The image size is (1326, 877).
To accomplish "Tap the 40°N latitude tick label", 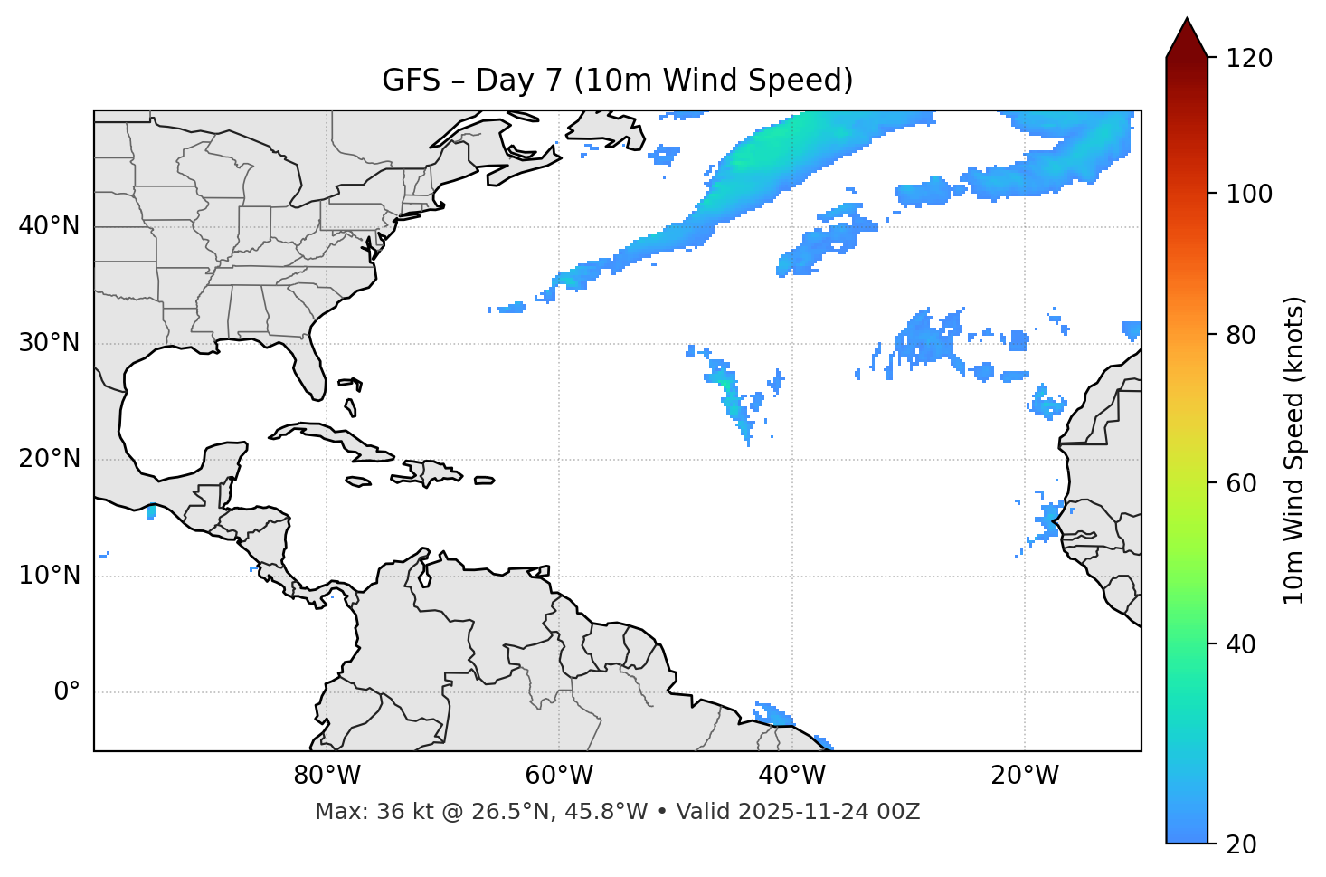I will point(49,226).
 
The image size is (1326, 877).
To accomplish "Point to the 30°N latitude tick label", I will point(49,343).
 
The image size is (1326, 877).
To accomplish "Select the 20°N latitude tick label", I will point(49,459).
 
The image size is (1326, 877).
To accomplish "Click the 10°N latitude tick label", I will point(49,576).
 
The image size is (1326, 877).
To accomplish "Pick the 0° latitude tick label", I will point(66,692).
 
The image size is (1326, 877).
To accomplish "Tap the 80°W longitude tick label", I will point(327,776).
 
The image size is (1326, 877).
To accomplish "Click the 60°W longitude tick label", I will point(559,776).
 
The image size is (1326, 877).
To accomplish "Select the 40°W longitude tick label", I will point(791,776).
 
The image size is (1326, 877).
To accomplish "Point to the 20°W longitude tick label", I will point(1024,776).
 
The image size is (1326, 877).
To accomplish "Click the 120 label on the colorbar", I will point(1249,59).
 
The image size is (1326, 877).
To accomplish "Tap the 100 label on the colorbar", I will point(1249,194).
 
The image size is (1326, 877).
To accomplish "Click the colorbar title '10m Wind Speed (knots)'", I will point(1294,450).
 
